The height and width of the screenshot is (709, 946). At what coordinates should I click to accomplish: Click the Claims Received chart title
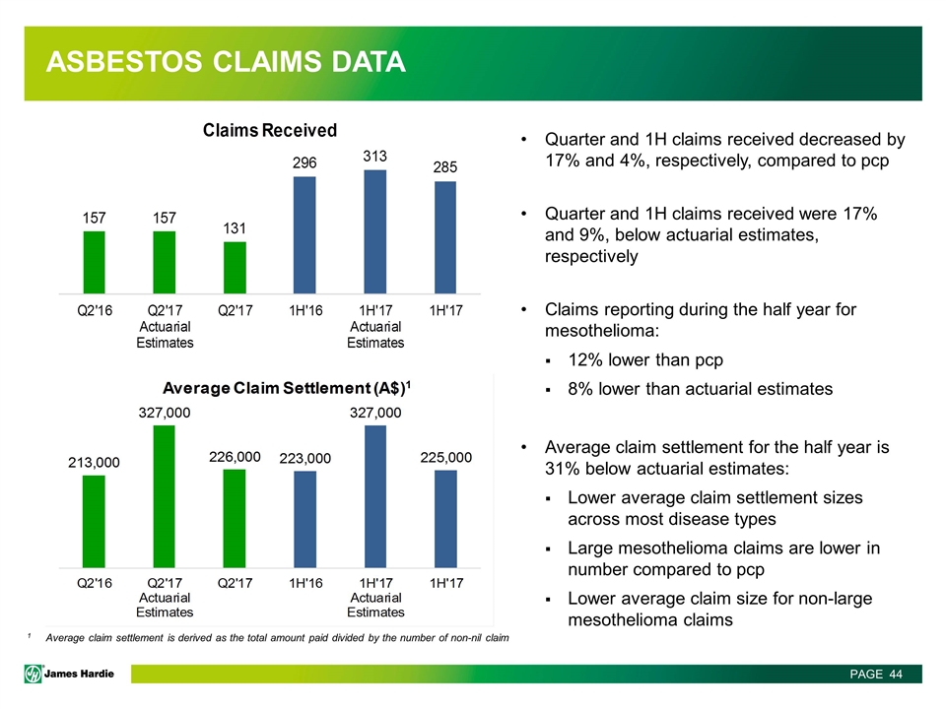270,130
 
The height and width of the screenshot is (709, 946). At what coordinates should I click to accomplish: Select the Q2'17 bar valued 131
235,268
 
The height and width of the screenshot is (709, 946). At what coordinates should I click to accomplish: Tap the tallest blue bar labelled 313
375,231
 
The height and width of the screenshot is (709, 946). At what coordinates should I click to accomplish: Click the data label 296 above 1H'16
304,162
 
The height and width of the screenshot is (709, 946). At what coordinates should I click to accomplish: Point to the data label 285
445,167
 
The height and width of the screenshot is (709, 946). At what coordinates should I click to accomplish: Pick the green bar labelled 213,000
94,522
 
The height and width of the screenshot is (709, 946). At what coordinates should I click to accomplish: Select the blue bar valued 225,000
445,519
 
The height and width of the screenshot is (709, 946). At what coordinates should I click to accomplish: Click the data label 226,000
235,457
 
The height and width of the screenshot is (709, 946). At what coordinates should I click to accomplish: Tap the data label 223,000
304,459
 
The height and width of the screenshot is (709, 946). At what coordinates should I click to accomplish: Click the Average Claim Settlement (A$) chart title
287,388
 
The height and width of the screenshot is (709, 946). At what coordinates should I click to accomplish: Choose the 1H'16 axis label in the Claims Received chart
305,310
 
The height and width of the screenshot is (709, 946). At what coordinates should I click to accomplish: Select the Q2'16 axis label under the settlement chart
95,583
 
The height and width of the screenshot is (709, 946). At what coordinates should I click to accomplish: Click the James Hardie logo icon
34,674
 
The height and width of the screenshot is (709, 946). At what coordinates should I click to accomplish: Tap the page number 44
896,674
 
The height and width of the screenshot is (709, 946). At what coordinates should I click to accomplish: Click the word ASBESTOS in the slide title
124,61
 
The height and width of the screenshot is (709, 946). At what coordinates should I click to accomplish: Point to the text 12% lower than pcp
645,360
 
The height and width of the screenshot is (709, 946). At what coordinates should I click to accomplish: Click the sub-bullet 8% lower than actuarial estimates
700,389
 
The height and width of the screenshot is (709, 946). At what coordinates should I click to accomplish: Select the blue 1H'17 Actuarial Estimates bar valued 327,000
375,496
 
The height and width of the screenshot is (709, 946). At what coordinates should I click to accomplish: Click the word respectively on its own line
591,256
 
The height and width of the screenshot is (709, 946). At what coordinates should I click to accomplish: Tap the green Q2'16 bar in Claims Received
95,262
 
